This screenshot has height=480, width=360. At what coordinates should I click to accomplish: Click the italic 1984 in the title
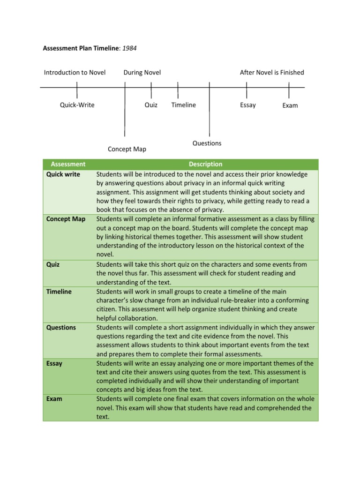coord(129,48)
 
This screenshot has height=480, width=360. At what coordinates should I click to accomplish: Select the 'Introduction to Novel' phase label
coord(75,72)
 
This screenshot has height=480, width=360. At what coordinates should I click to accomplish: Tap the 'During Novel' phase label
coord(142,72)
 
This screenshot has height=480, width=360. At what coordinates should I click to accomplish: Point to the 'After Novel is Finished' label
coord(272,72)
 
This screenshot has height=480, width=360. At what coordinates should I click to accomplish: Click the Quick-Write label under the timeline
coord(77,105)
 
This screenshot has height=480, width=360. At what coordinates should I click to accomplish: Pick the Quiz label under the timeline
coord(151,105)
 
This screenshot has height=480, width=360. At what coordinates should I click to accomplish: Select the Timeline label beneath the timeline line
coord(183,105)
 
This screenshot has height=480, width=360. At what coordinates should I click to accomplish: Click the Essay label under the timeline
coord(248,105)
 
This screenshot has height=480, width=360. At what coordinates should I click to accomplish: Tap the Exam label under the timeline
coord(290,105)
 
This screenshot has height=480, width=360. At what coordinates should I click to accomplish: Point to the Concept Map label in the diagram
coord(127,149)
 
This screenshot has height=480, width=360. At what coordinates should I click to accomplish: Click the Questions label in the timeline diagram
coord(207,143)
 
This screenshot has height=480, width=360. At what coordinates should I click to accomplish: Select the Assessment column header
coord(68,164)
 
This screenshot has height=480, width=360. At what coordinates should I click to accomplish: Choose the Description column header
coord(205,164)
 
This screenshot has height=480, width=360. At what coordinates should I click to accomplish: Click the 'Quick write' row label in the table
coord(63,174)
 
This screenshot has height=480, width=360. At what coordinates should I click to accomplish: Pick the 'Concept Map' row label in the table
coord(66,219)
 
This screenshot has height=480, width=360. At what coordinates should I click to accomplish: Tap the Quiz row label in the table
coord(53,264)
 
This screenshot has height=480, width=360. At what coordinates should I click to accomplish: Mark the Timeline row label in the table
coord(59,292)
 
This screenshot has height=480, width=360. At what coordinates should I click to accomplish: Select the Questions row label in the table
coord(61,328)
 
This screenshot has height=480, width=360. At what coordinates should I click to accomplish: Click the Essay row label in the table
coord(54,363)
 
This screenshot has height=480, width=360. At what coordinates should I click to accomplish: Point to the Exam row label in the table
coord(54,399)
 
